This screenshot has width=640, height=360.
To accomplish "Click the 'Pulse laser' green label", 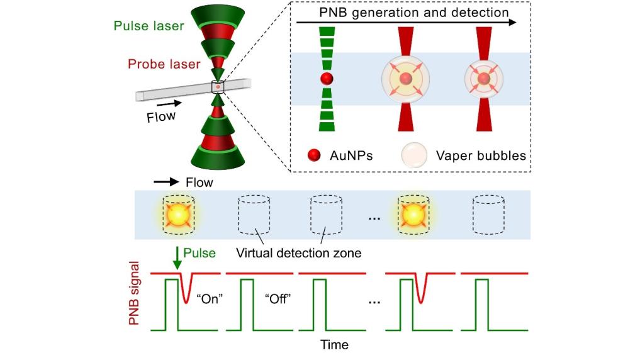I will click(x=149, y=26).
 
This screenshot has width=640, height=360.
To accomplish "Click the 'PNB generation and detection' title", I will click(x=405, y=12).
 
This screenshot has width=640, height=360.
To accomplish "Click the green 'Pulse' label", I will click(x=203, y=252).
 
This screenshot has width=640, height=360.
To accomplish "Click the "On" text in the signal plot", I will click(x=208, y=298).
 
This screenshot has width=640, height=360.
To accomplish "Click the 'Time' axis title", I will click(x=334, y=344).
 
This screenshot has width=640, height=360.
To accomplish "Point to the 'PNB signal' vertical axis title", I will click(x=135, y=296).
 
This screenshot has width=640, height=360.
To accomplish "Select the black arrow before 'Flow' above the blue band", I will click(x=166, y=183).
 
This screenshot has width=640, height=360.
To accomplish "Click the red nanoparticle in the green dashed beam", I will click(x=326, y=79).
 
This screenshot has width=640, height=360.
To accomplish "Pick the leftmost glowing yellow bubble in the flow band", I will click(x=178, y=215).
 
